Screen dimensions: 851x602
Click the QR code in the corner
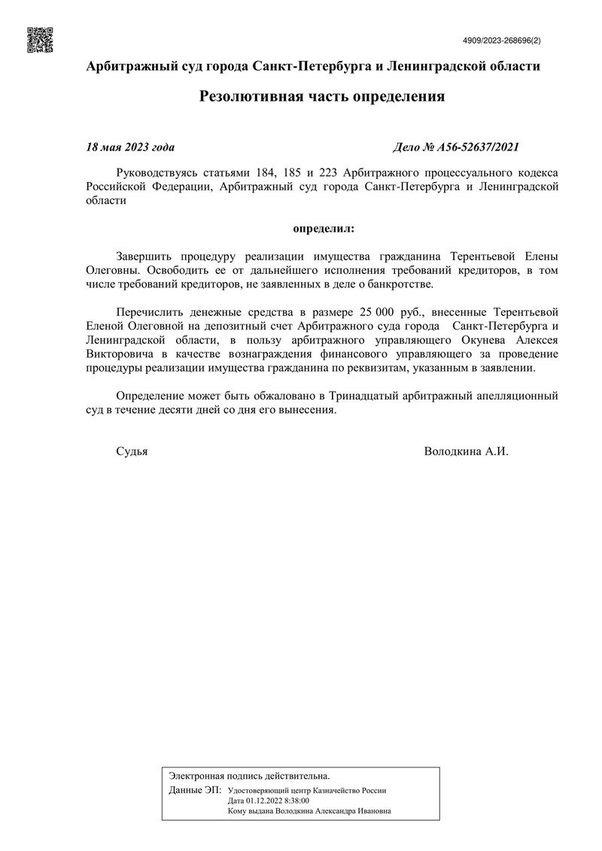41,40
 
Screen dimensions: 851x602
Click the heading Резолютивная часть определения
322,96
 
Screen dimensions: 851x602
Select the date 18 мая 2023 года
131,147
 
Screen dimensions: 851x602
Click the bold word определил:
322,226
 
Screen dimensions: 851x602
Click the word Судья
132,452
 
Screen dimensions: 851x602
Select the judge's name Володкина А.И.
467,452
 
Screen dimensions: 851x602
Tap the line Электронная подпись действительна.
249,775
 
